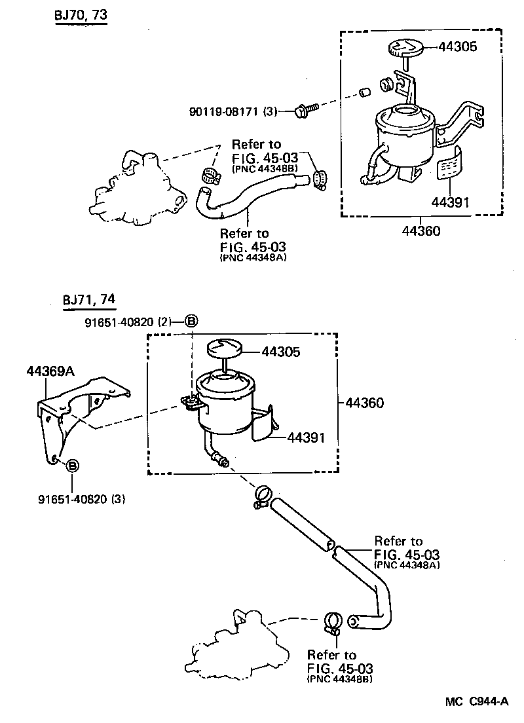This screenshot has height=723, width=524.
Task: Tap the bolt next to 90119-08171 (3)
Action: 305,109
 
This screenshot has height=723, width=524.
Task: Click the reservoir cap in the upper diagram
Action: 403,48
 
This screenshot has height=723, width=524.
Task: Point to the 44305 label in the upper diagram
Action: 458,47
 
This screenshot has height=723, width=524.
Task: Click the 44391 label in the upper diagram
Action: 450,202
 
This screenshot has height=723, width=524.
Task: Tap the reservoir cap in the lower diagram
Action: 224,348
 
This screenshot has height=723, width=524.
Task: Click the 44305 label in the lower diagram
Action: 281,352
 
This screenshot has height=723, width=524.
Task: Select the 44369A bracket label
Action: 50,371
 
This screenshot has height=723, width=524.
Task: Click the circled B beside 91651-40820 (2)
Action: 191,321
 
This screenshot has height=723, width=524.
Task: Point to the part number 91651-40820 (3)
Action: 81,499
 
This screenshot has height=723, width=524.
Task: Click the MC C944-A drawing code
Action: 477,702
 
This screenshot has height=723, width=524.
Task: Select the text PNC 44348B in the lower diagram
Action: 340,679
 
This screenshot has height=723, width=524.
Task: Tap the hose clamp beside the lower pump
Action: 331,623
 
